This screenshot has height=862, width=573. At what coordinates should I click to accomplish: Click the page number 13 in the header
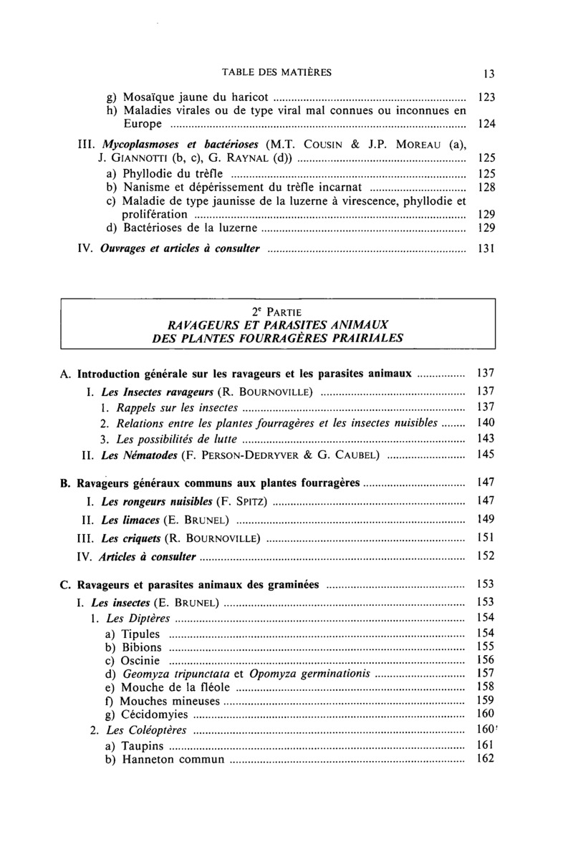point(489,72)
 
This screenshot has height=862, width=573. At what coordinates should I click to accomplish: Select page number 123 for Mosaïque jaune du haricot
point(487,96)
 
